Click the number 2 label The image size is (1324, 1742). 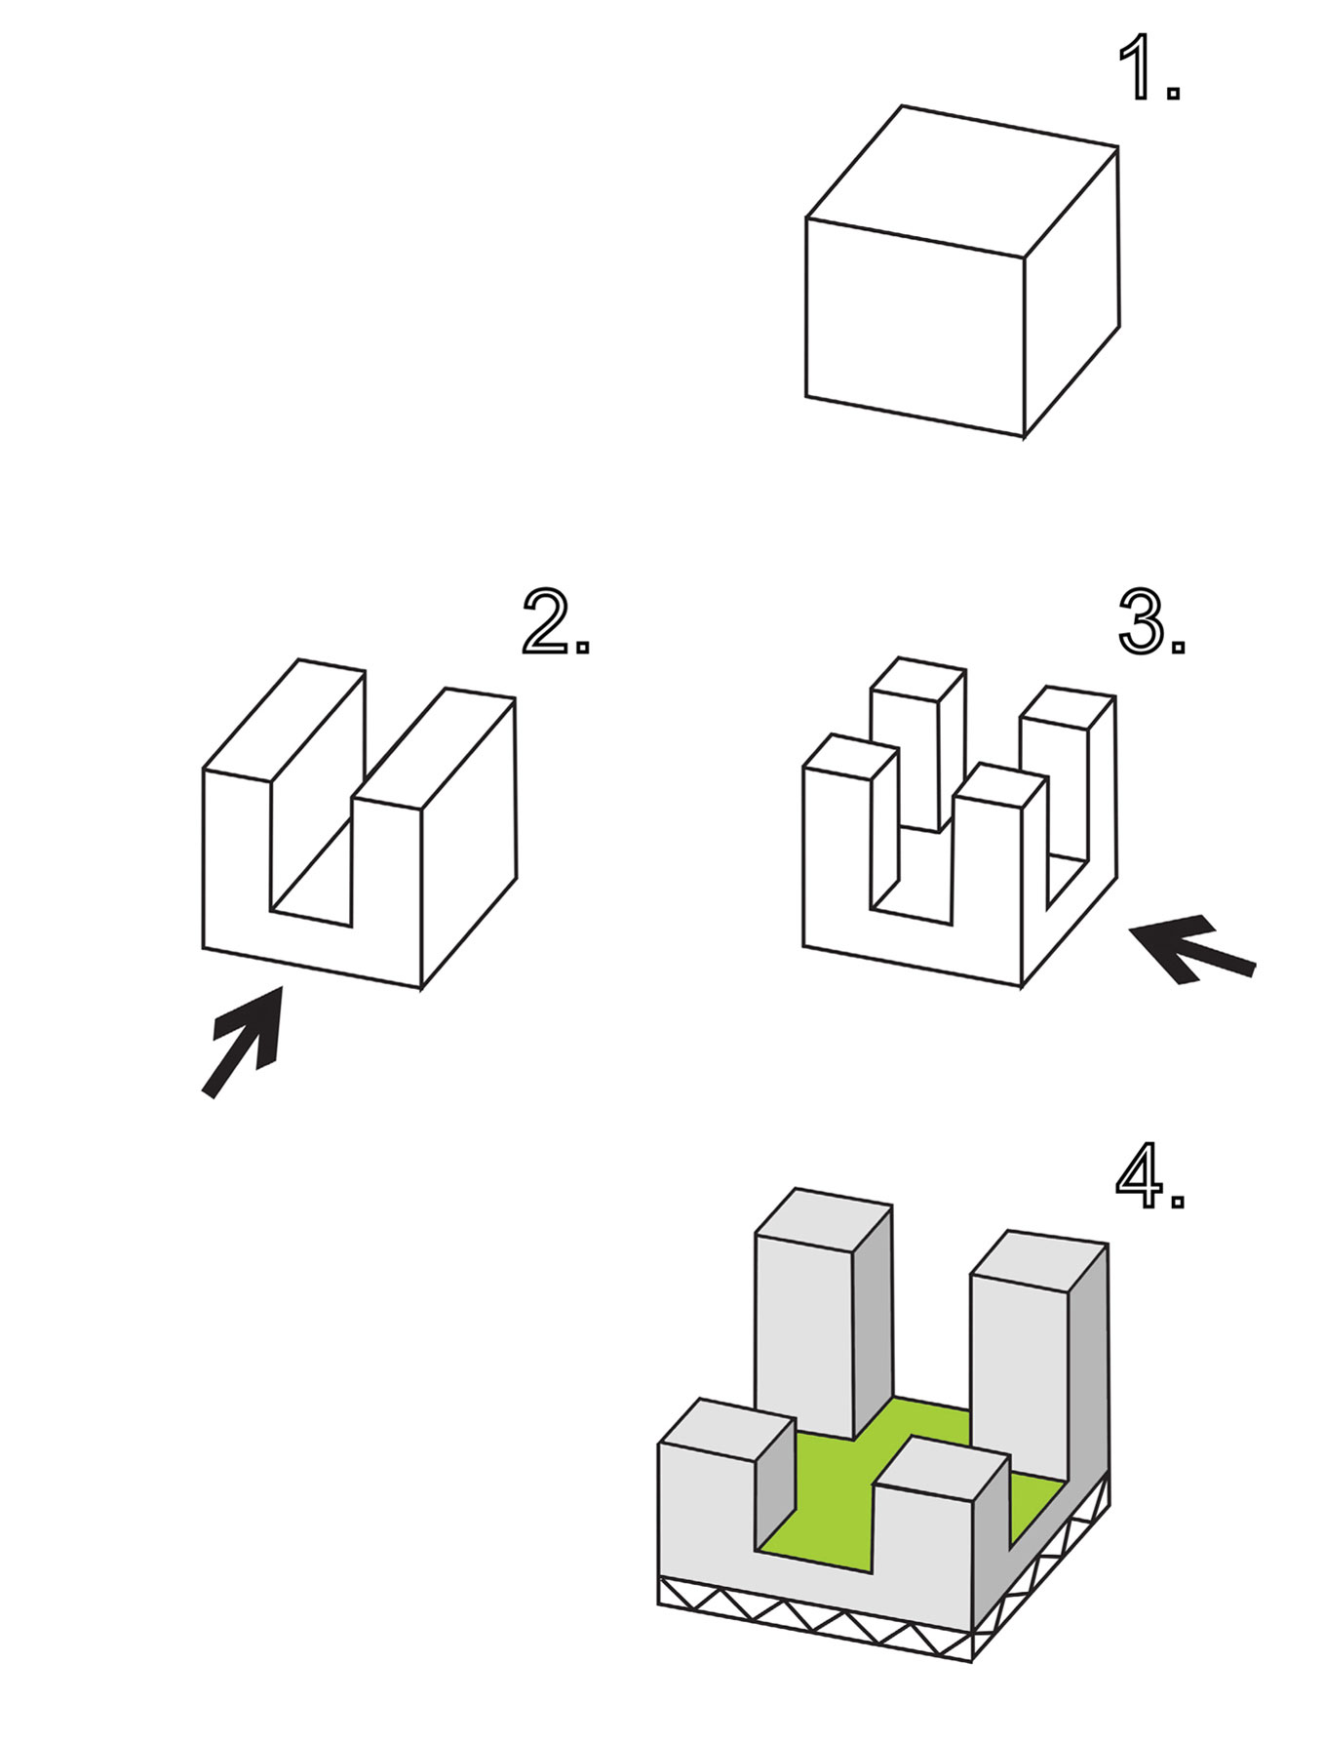click(554, 621)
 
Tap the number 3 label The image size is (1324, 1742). click(1149, 621)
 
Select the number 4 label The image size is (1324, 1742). click(1148, 1176)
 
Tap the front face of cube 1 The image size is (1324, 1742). click(915, 326)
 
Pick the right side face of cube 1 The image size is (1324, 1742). click(1071, 293)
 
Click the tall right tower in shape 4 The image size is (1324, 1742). click(1019, 1366)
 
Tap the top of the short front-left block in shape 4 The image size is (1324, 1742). click(725, 1429)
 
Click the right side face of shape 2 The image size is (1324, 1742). click(468, 844)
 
